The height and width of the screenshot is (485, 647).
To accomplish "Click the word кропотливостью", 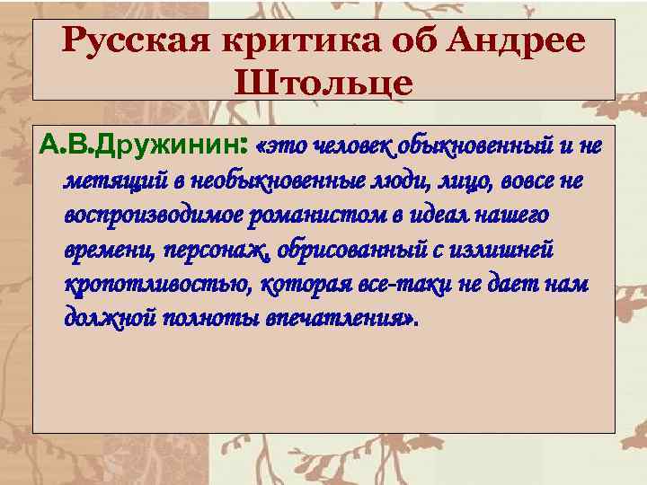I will tap(156, 285).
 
